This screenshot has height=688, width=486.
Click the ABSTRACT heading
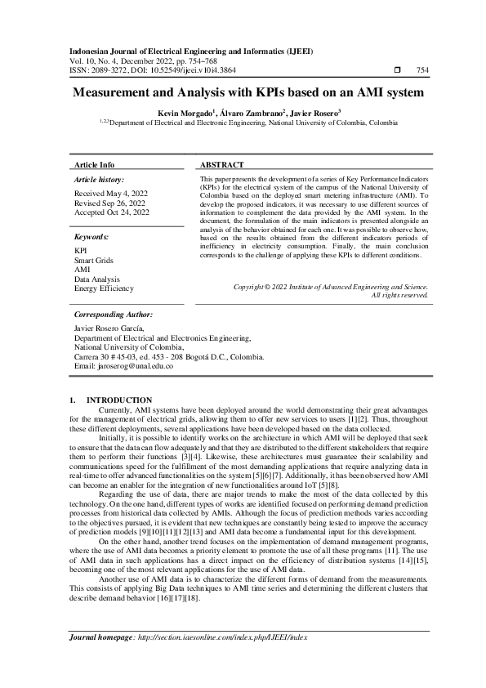pos(222,164)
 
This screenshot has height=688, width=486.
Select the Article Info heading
pos(94,164)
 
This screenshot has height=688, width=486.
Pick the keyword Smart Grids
pos(94,259)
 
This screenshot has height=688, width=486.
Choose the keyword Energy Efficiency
pos(104,288)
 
